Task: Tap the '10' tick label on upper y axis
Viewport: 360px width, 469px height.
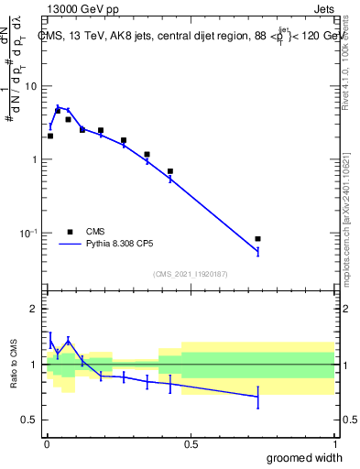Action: pos(30,86)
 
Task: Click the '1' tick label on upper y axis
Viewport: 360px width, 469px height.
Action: pos(35,159)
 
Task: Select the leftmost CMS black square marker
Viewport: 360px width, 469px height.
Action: pos(50,136)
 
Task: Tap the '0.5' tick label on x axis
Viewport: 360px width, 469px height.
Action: pos(191,444)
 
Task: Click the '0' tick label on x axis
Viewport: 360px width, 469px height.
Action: pos(47,444)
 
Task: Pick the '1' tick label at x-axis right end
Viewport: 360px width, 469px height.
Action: pos(333,444)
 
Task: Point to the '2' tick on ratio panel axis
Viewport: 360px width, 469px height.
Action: pos(35,310)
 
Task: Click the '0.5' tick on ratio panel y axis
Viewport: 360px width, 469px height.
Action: pos(30,420)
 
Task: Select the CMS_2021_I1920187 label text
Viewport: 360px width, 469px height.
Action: pos(190,274)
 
